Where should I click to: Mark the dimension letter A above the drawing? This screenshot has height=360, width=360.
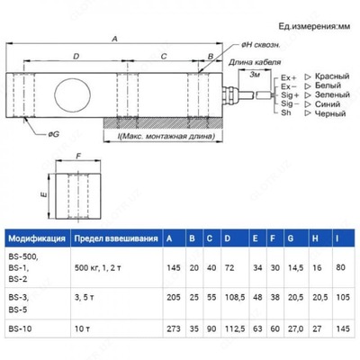114,40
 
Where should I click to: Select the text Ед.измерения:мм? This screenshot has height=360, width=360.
303,28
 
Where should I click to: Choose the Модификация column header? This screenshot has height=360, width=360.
36,238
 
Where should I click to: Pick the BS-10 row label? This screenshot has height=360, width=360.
20,329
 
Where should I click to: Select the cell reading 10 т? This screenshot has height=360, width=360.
85,329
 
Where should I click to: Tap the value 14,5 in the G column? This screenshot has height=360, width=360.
293,267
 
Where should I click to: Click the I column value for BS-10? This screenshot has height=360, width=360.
341,329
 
